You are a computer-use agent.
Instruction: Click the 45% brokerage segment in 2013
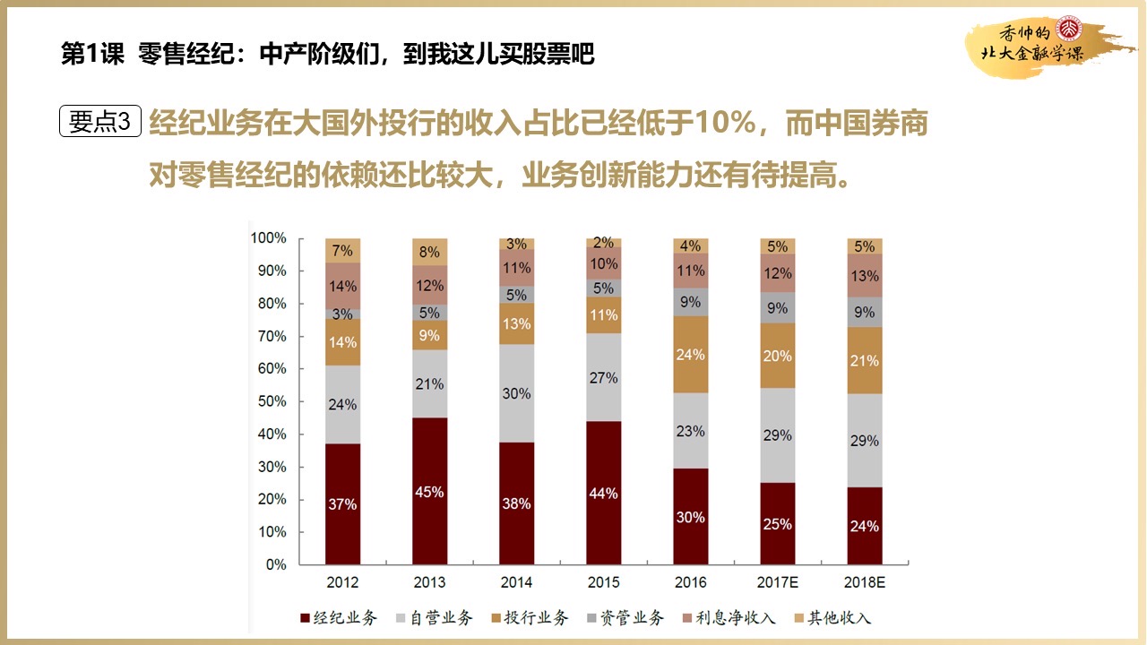point(429,491)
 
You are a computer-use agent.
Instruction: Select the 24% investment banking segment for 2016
point(691,355)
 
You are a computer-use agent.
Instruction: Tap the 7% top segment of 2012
point(342,251)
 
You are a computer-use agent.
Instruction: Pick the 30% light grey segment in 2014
point(516,393)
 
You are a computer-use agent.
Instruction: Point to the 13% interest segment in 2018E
point(864,276)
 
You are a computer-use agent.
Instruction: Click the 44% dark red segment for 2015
point(603,493)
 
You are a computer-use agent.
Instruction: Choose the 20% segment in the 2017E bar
point(777,356)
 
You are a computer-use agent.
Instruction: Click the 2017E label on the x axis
point(777,582)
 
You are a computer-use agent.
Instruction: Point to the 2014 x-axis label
point(516,582)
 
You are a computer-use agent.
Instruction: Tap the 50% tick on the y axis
point(269,401)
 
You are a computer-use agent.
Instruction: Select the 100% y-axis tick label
point(267,238)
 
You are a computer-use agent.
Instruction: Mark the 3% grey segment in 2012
point(342,314)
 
